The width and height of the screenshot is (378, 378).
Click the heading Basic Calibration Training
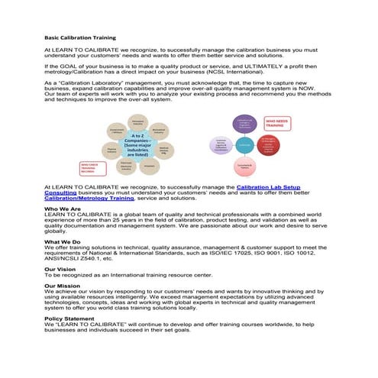point(79,37)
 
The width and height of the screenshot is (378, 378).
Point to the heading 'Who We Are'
point(63,208)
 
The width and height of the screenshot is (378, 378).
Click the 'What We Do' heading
point(63,241)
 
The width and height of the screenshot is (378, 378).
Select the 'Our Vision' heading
point(60,268)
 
